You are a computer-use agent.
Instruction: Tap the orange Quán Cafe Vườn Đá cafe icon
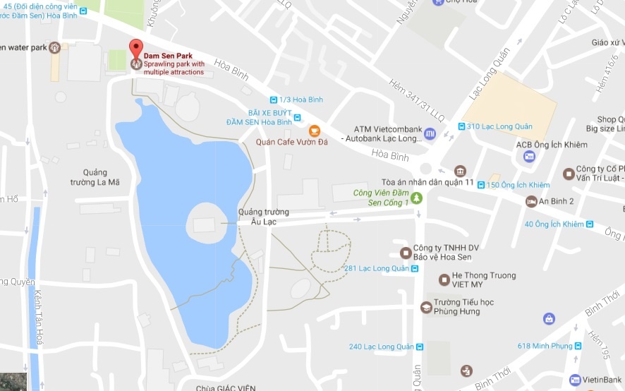314,131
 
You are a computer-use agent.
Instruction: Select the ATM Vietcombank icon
430,133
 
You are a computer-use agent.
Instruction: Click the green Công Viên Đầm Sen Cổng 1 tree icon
416,198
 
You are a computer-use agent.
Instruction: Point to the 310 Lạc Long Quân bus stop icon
460,127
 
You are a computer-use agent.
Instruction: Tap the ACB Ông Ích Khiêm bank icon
529,157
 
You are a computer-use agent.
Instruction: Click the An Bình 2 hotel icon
531,202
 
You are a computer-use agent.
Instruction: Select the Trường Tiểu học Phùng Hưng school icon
426,308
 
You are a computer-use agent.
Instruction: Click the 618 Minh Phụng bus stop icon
577,346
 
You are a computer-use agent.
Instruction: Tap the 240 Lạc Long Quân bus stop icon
420,347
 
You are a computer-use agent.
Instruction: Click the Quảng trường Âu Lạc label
263,217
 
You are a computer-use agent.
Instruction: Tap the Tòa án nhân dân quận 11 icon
460,171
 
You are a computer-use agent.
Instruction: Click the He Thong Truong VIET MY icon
444,280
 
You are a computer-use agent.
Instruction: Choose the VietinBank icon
576,380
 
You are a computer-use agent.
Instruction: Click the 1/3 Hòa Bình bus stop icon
274,100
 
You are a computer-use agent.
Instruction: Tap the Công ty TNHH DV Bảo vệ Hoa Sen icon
405,253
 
